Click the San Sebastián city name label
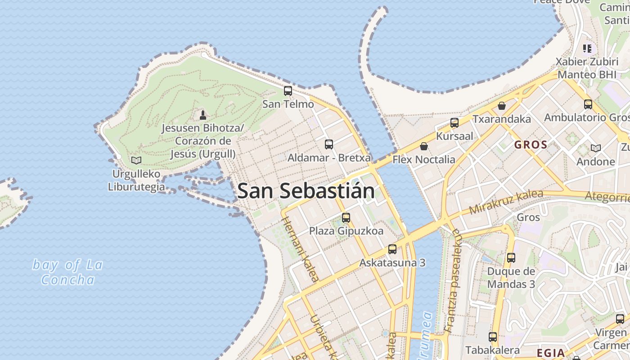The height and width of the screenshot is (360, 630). (306, 191)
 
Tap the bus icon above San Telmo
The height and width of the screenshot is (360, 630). (288, 90)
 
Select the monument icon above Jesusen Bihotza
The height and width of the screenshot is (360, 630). (202, 115)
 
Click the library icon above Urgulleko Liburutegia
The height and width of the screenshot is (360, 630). (136, 160)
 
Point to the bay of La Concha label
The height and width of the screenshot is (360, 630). (67, 272)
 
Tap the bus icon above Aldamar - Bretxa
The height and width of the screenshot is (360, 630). (329, 144)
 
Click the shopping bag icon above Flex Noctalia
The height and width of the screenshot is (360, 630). (423, 146)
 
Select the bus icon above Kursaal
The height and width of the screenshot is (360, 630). (454, 122)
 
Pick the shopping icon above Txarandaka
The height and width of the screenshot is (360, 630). (502, 106)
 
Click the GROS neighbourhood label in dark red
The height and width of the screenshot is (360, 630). (531, 145)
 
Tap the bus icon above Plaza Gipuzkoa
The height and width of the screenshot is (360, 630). (346, 217)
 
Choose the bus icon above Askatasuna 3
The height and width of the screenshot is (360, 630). (392, 249)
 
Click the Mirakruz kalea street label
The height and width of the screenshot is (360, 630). (506, 202)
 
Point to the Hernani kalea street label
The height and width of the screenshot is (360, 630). (300, 249)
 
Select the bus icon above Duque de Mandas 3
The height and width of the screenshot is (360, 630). (511, 258)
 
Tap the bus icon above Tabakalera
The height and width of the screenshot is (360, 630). (493, 337)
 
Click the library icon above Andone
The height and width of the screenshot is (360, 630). (595, 148)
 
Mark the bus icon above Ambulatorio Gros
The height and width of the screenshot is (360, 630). (588, 104)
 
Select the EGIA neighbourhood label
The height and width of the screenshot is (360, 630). (551, 352)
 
